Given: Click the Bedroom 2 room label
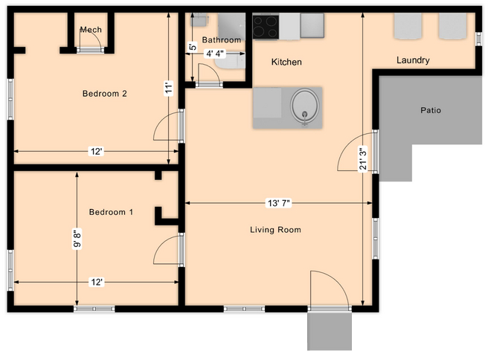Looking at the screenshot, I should [104, 94].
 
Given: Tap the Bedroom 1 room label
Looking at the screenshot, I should [111, 212].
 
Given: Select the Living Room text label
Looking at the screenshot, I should [275, 230].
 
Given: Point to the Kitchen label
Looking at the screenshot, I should [286, 62].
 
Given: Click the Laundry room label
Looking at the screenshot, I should [413, 60].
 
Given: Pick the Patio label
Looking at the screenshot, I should [431, 110].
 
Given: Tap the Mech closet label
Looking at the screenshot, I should [91, 30].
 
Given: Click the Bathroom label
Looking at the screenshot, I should [222, 40].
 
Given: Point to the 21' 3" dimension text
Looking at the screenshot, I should [362, 158].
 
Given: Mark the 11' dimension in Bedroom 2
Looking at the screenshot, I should [169, 87].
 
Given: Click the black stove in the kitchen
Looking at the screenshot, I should [266, 27].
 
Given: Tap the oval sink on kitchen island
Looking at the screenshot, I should [305, 106].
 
